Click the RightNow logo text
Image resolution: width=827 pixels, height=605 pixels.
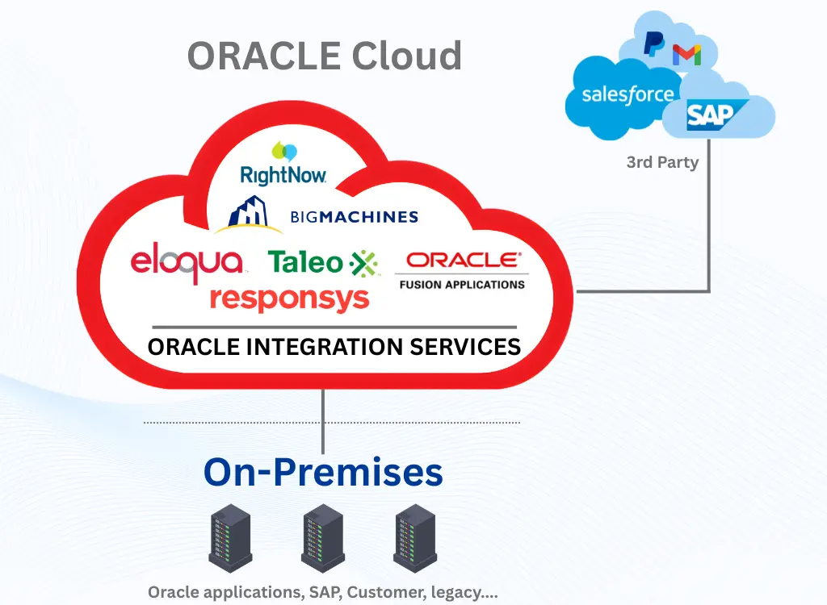click(283, 173)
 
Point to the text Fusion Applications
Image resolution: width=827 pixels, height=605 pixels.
click(462, 284)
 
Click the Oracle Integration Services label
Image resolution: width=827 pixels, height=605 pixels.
click(334, 347)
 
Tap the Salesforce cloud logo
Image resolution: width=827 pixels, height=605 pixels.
click(627, 94)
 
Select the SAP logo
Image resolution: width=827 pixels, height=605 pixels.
click(711, 117)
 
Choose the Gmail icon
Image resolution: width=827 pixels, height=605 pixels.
click(687, 55)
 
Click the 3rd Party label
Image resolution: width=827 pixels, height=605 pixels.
click(662, 162)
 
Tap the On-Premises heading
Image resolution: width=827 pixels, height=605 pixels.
click(323, 471)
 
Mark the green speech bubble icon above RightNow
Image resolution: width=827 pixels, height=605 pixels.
click(283, 151)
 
